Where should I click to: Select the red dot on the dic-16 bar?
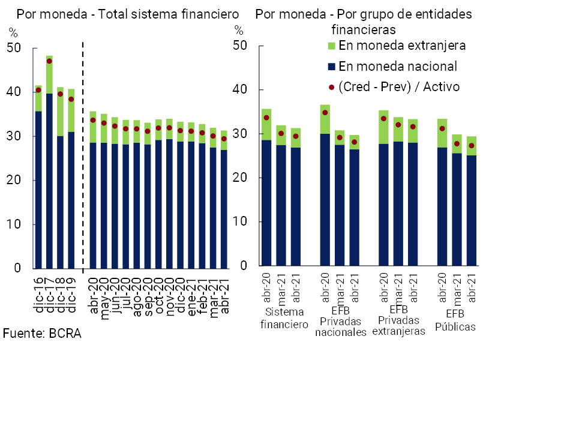click(x=38, y=90)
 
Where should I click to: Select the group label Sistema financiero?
click(x=284, y=319)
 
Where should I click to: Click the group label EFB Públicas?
click(x=455, y=320)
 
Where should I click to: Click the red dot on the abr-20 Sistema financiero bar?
click(x=266, y=118)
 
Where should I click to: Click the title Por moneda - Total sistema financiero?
click(x=127, y=14)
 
